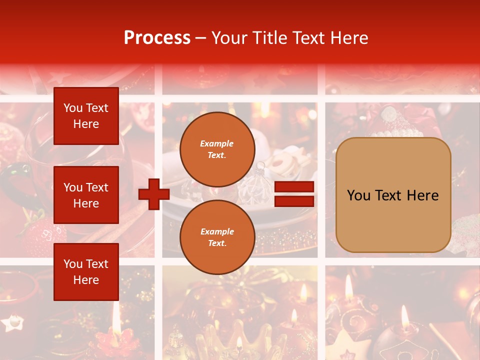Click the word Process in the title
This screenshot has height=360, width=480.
pos(157,38)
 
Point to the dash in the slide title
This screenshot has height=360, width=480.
pos(200,38)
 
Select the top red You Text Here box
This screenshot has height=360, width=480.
pos(86,116)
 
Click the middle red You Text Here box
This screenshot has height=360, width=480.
pos(86,195)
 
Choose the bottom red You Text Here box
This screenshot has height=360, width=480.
pos(86,272)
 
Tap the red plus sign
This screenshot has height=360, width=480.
pos(154,194)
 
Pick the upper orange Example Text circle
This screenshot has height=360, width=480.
pos(217,149)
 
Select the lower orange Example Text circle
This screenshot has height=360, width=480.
pos(217,237)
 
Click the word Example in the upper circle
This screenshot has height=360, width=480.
pos(217,143)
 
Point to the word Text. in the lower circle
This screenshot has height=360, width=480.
pos(217,243)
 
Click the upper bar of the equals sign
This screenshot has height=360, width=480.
pos(294,187)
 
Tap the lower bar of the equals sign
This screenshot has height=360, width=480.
pos(294,201)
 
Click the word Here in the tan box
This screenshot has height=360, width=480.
pos(422,195)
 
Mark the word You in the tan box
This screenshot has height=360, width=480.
pos(358,195)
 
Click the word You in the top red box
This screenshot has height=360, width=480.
pos(73,108)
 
